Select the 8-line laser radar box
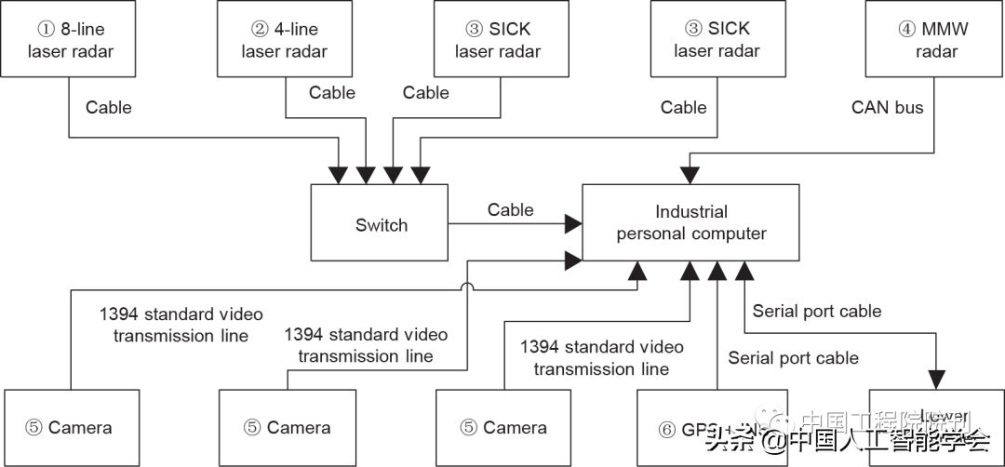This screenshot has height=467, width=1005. click(70, 39)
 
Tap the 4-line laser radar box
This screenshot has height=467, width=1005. click(285, 39)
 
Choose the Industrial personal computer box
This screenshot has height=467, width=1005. click(690, 222)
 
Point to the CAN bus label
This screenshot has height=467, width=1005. click(887, 108)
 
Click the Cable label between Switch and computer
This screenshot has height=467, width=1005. click(510, 209)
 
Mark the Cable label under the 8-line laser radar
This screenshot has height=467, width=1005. click(108, 108)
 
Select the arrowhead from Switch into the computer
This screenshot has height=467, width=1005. click(573, 223)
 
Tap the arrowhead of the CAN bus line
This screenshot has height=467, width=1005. click(690, 175)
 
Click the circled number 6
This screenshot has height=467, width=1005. click(665, 429)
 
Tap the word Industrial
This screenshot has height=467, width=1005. click(691, 212)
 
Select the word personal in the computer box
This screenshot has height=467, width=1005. click(655, 233)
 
